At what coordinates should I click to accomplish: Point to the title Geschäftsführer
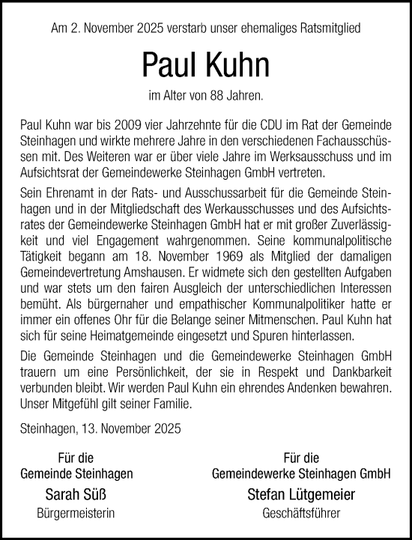301,513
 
